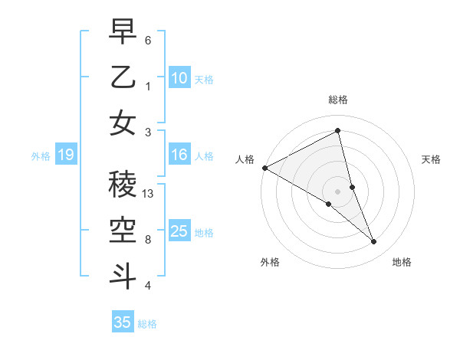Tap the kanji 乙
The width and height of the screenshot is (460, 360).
click(x=123, y=77)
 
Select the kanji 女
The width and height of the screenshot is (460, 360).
click(x=123, y=123)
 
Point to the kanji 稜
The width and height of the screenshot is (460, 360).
click(x=123, y=185)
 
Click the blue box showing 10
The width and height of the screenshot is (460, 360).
click(x=179, y=77)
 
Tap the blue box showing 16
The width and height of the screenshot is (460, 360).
click(x=179, y=155)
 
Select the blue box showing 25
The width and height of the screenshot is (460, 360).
click(x=179, y=231)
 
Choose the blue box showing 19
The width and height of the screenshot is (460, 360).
click(x=65, y=155)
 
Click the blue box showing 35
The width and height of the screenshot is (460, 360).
click(x=123, y=322)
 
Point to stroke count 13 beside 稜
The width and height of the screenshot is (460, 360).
click(x=148, y=194)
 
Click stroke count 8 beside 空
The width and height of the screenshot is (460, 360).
click(x=148, y=240)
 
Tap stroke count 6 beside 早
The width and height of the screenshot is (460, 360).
click(x=148, y=40)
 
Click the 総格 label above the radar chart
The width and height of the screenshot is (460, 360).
click(x=337, y=100)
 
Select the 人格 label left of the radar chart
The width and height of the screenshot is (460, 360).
click(x=245, y=159)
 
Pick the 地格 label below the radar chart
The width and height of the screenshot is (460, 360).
click(x=402, y=262)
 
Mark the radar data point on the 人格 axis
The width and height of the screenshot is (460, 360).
click(x=264, y=167)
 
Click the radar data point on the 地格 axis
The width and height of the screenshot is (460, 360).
click(x=374, y=241)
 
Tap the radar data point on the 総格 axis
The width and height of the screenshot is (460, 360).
click(x=337, y=131)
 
